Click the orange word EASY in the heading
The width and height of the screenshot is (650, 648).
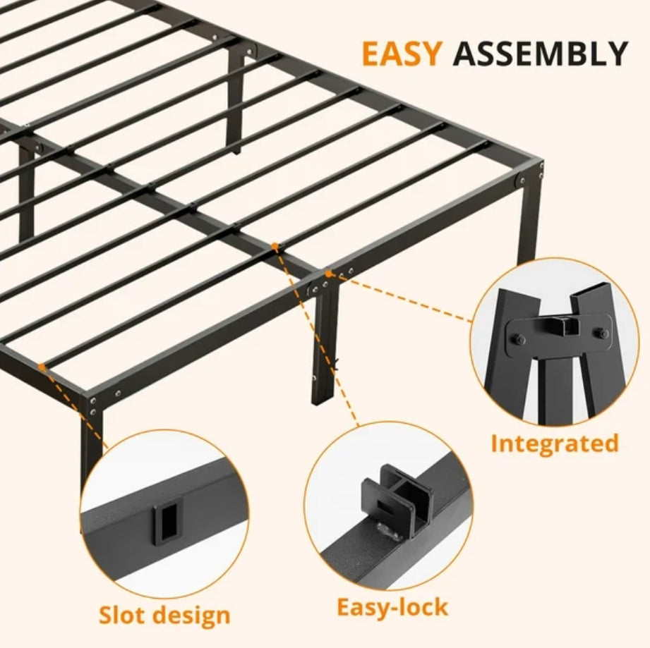402,54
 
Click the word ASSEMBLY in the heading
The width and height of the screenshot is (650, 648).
540,54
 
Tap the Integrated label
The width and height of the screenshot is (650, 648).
554,444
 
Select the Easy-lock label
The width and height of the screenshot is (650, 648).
392,606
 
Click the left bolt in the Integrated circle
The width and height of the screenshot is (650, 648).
518,339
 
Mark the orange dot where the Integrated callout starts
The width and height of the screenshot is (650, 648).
328,271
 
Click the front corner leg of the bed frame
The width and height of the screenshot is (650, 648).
91,437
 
